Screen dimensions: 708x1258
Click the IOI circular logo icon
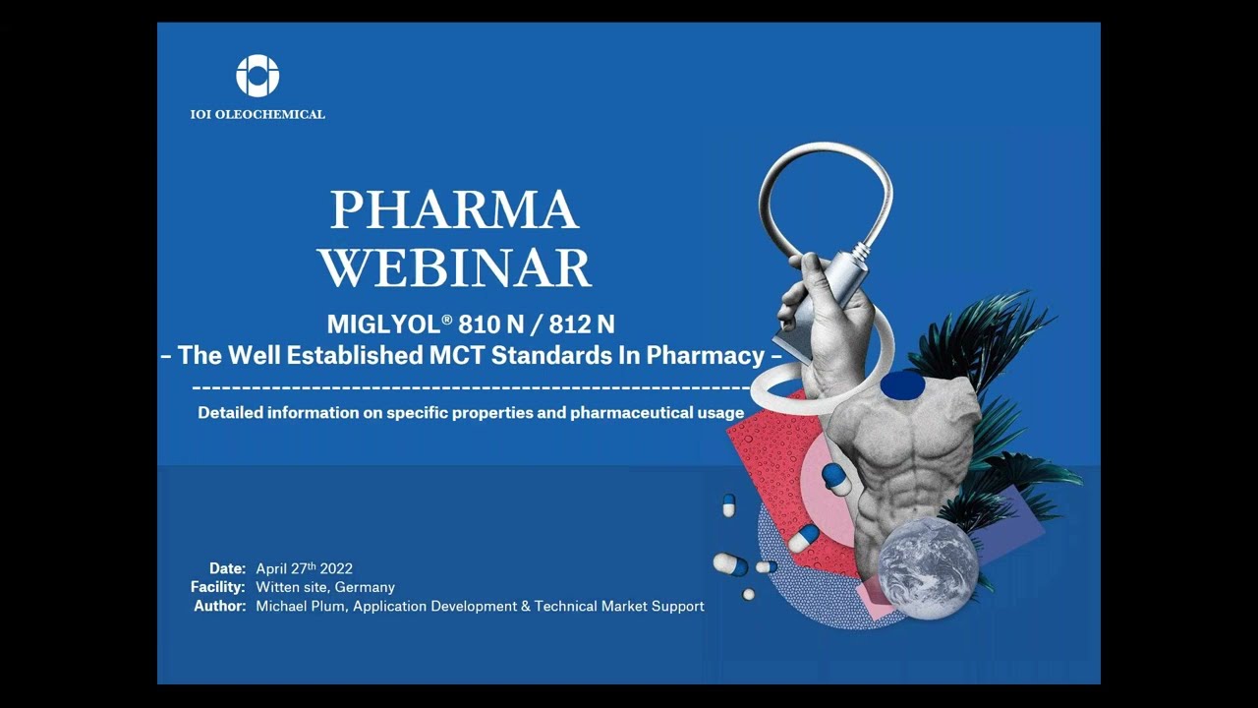[x=257, y=76]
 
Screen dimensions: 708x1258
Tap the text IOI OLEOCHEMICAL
[x=257, y=114]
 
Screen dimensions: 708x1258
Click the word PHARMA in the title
[x=454, y=209]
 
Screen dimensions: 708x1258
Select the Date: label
[x=227, y=568]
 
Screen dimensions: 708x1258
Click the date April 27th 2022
[x=304, y=568]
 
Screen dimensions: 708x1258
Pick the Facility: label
[x=217, y=587]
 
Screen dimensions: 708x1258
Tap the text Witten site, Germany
[x=325, y=587]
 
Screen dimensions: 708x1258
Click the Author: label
[x=219, y=606]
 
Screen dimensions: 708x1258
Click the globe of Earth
[x=928, y=567]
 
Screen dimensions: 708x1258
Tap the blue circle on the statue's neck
[x=896, y=384]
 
